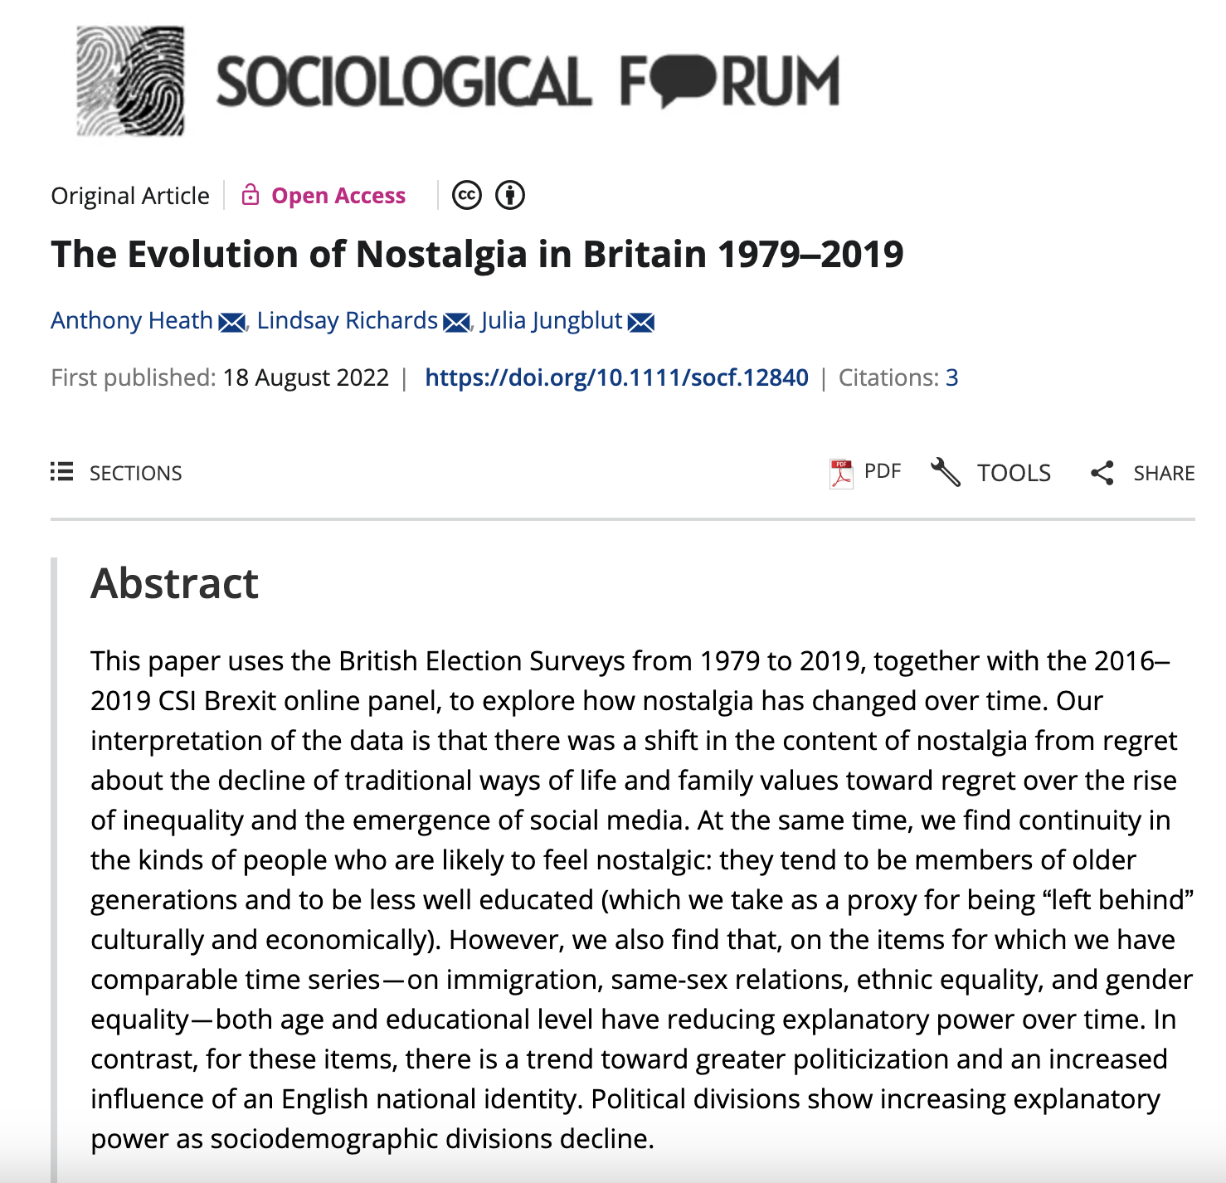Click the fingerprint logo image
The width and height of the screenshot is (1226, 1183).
tap(130, 80)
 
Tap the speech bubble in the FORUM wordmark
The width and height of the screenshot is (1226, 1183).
tap(685, 80)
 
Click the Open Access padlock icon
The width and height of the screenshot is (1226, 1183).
tap(250, 195)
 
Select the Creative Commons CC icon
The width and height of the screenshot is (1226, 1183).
tap(467, 196)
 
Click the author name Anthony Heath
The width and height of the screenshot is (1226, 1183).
tap(132, 320)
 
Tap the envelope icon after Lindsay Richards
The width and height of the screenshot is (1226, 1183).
tap(456, 322)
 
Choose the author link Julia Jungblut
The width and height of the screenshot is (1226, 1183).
tap(551, 320)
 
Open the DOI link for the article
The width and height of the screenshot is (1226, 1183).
tap(616, 377)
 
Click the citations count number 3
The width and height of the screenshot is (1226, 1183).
tap(951, 377)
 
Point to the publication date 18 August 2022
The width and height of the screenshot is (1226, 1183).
tap(305, 377)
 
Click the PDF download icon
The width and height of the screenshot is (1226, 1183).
tap(841, 473)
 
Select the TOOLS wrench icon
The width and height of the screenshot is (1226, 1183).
tap(945, 472)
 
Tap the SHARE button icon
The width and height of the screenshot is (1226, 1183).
tap(1102, 473)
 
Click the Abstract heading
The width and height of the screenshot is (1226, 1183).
tap(174, 583)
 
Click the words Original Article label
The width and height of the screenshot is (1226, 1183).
tap(130, 196)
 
